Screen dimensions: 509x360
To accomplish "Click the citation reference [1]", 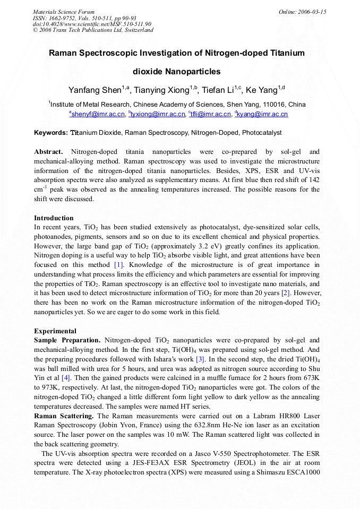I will [118, 264].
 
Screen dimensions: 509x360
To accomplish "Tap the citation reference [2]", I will [285, 293].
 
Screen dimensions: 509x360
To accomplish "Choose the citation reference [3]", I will [200, 359].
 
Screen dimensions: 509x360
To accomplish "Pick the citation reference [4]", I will [66, 378].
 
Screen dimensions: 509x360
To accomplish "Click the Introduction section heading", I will [54, 218].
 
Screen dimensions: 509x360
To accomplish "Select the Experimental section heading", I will [55, 331].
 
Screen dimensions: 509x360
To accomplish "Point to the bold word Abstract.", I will [49, 152].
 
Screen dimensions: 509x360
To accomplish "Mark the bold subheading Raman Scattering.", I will [64, 416].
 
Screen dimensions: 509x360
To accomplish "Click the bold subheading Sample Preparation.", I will [67, 340].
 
